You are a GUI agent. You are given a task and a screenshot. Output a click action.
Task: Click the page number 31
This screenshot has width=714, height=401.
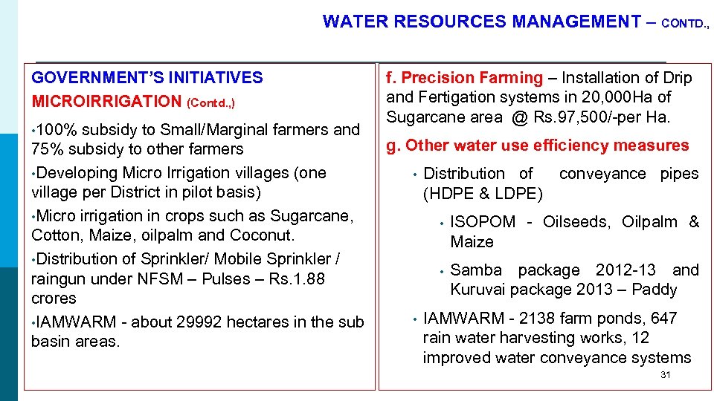[665, 375]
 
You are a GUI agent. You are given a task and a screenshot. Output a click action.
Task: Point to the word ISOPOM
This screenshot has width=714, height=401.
[483, 222]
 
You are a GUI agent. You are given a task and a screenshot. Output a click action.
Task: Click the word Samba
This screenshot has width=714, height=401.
[476, 270]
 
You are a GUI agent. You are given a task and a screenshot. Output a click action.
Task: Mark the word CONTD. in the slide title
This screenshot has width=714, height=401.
[684, 24]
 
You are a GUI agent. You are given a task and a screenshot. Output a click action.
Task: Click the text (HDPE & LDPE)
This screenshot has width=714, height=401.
[483, 194]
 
